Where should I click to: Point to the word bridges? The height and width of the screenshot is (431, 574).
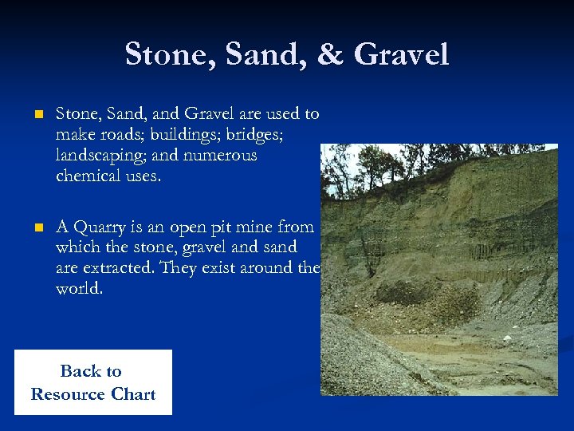[255, 134]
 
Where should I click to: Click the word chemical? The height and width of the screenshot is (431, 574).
[86, 176]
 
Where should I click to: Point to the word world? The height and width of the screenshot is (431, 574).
[79, 289]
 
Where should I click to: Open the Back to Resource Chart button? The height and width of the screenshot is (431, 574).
[92, 382]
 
